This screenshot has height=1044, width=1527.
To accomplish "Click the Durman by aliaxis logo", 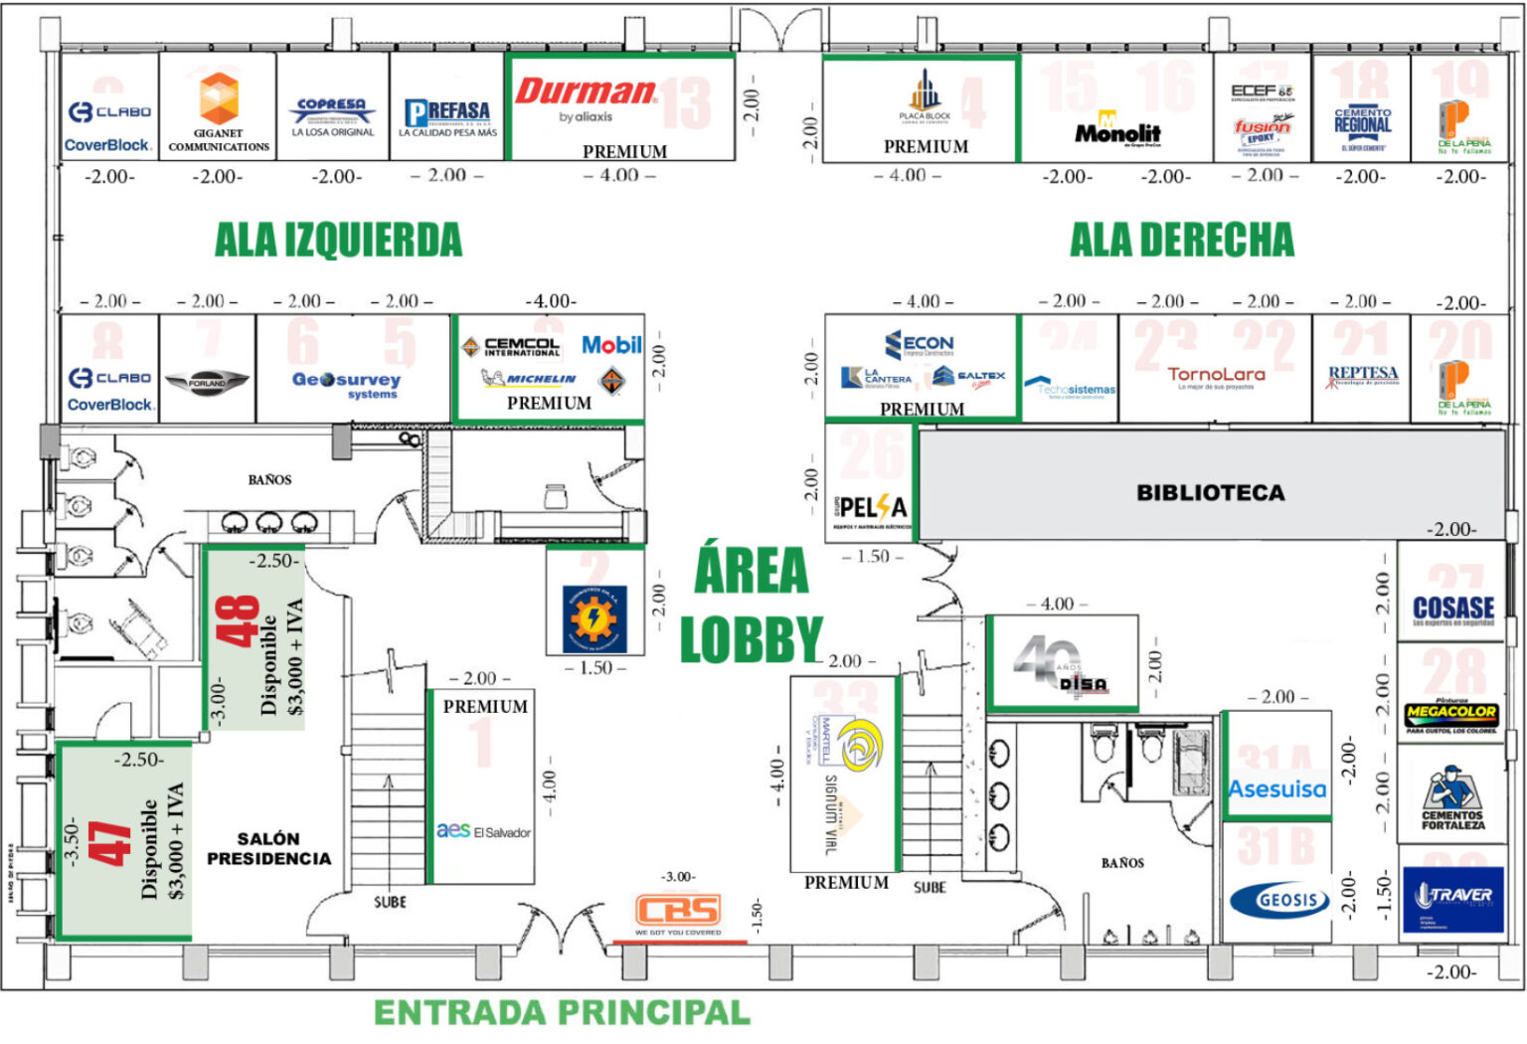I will (x=586, y=99).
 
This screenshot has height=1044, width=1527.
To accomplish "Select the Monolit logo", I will (x=1117, y=131).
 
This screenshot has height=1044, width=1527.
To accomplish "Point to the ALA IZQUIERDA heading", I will (x=338, y=240).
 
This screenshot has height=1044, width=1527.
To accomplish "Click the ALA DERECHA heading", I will (x=1182, y=240).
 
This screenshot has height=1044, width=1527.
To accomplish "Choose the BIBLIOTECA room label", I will (x=1210, y=492).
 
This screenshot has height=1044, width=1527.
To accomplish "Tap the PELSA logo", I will (x=872, y=509).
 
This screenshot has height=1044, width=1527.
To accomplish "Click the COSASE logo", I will (x=1453, y=609).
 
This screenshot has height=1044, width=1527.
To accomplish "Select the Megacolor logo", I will (x=1451, y=714).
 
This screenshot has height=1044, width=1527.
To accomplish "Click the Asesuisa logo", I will (x=1277, y=789).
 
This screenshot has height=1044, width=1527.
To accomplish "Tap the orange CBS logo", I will (x=678, y=911).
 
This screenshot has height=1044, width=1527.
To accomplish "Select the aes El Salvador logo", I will (x=484, y=830).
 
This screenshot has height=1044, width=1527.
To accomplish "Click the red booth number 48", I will (x=238, y=621).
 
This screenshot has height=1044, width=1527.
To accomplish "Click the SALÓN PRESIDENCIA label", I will (x=268, y=848).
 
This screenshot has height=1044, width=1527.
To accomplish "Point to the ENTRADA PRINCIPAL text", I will (x=562, y=1012).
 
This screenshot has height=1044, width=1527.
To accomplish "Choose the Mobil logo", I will (x=611, y=345).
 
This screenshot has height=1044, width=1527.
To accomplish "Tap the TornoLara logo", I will (x=1216, y=376).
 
